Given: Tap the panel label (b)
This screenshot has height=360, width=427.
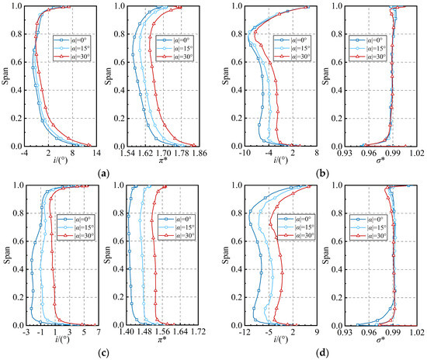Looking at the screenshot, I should [x=320, y=174].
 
